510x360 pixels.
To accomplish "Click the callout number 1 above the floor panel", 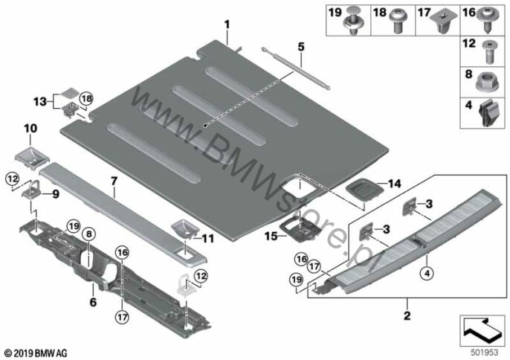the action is coord(227,25).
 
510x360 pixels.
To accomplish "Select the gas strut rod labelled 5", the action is coord(296,68).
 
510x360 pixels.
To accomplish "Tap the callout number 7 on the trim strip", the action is coord(114,181).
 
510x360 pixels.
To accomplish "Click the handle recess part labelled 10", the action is coord(32,155).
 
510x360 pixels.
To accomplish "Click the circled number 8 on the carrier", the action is coord(89,234).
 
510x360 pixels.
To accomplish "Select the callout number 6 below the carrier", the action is coord(93,302).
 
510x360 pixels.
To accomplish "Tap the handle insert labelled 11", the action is coord(184,228).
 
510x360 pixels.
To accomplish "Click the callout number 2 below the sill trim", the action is coord(407,315).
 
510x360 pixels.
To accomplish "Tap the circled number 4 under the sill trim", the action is coord(427,274).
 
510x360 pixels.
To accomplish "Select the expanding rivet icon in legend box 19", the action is coord(355,19).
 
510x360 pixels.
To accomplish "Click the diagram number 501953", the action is coord(484,353).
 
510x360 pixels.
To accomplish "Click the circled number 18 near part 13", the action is coord(86,98).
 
